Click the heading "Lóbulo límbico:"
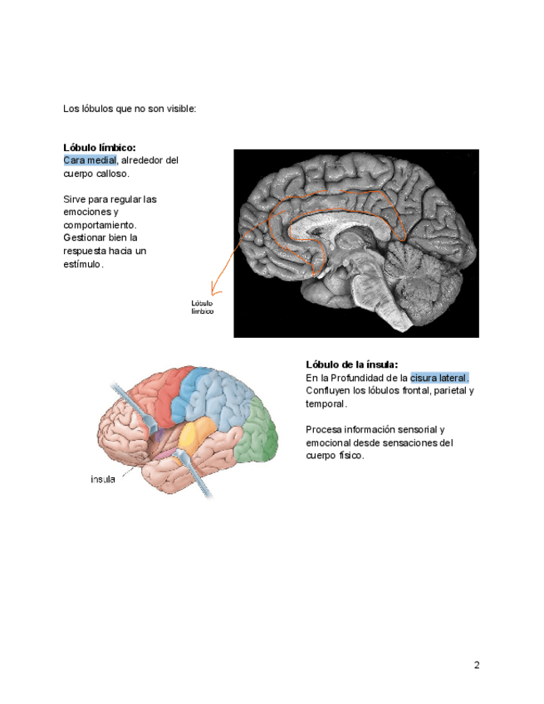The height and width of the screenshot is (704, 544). (x=99, y=147)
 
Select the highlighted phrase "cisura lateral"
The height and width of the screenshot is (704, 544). (x=439, y=378)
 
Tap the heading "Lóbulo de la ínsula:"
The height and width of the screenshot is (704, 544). (x=351, y=364)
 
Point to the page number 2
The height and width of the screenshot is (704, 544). (x=477, y=664)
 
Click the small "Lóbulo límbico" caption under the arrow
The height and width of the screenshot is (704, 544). (x=203, y=307)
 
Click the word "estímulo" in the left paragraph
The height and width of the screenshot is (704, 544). (x=81, y=264)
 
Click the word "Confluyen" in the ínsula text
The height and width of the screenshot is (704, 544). (x=329, y=390)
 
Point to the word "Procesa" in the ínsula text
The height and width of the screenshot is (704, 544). (x=325, y=429)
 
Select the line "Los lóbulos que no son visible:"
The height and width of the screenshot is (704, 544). (x=130, y=109)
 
